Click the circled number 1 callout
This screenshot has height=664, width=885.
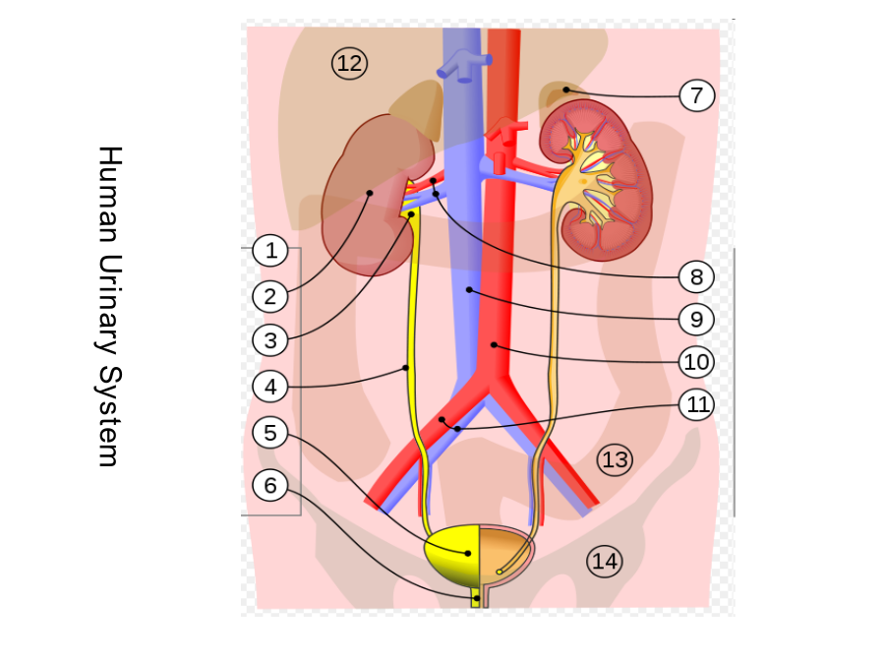[271, 250]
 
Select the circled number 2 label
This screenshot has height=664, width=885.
[271, 296]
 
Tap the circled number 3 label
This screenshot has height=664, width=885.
[271, 340]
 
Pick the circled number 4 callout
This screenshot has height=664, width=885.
[271, 387]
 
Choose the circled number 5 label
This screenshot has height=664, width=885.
[271, 433]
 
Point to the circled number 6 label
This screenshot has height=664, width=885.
[271, 485]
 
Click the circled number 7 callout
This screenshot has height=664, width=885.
[697, 95]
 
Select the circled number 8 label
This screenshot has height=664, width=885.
[697, 276]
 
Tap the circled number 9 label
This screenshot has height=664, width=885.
[697, 319]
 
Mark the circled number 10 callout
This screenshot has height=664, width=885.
[697, 362]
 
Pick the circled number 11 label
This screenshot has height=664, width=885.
[697, 404]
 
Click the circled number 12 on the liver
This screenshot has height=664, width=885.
[349, 63]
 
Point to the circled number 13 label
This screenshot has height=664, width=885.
[615, 459]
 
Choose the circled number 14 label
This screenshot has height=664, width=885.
[605, 562]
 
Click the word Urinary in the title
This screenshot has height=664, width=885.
[109, 306]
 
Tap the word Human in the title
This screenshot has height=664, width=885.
[109, 195]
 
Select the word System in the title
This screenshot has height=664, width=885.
[109, 417]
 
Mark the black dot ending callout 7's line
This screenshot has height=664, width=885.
[565, 90]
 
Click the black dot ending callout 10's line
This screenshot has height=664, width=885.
[494, 344]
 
